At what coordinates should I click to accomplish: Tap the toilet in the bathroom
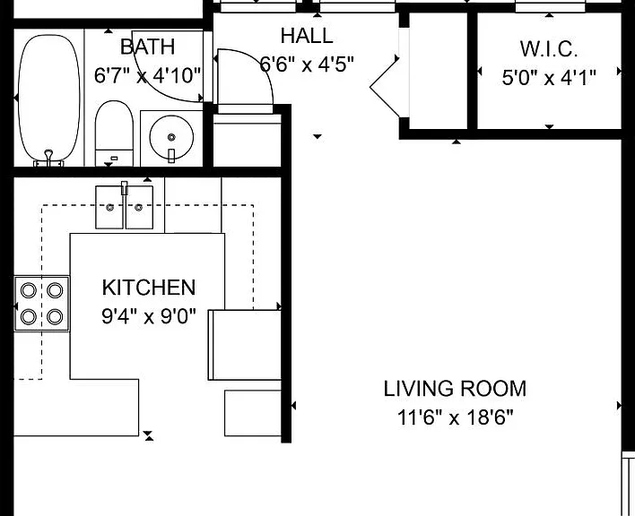tap(114, 133)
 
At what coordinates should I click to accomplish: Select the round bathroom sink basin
tap(171, 137)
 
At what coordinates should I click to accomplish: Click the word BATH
tap(148, 47)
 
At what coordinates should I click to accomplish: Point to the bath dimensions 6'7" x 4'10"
tap(147, 75)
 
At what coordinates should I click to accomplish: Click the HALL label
tap(307, 36)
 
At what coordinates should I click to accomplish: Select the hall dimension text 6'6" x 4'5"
tap(307, 64)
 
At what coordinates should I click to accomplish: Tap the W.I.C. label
tap(549, 49)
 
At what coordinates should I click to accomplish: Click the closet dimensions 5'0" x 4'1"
tap(549, 78)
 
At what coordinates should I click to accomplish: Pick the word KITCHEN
tap(149, 288)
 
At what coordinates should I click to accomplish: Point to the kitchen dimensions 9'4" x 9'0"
tap(149, 316)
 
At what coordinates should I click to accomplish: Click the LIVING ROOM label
tap(455, 389)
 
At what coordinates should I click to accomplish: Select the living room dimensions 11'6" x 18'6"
tap(455, 417)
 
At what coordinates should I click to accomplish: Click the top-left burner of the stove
tap(29, 290)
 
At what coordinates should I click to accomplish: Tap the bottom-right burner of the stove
tap(55, 316)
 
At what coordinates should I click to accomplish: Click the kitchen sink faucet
tap(125, 188)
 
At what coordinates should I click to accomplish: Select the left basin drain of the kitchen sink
tap(109, 208)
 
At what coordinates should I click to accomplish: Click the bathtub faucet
tap(49, 159)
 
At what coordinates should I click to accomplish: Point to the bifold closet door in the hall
tap(385, 87)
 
